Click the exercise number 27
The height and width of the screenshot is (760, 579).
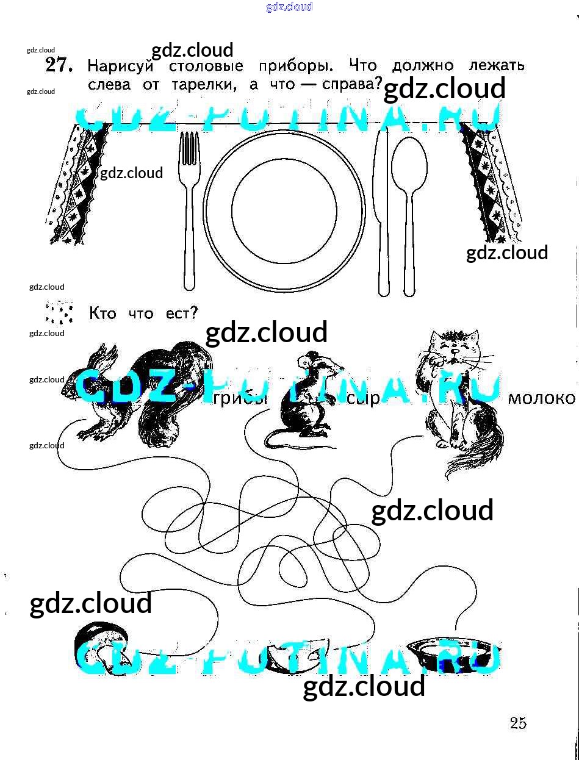point(59,65)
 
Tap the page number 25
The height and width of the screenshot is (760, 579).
point(518,723)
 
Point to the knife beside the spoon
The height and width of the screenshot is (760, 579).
point(383,213)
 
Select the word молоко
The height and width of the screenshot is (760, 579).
point(541,399)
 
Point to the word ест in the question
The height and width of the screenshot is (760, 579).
point(182,314)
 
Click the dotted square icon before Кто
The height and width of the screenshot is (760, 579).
point(59,313)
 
